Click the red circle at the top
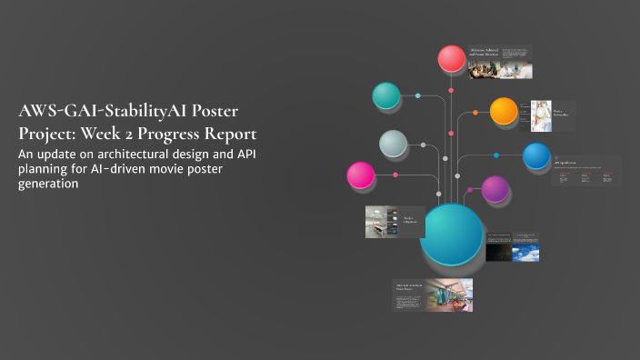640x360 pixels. (x=452, y=59)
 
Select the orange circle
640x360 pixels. (x=504, y=111)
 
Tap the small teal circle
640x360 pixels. (x=386, y=95)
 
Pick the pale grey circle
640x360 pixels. (x=393, y=144)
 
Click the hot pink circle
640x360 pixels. (x=361, y=175)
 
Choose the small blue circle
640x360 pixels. (x=536, y=156)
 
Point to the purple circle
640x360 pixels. (x=495, y=189)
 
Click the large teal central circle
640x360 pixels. (x=452, y=234)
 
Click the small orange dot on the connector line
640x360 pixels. (x=474, y=114)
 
